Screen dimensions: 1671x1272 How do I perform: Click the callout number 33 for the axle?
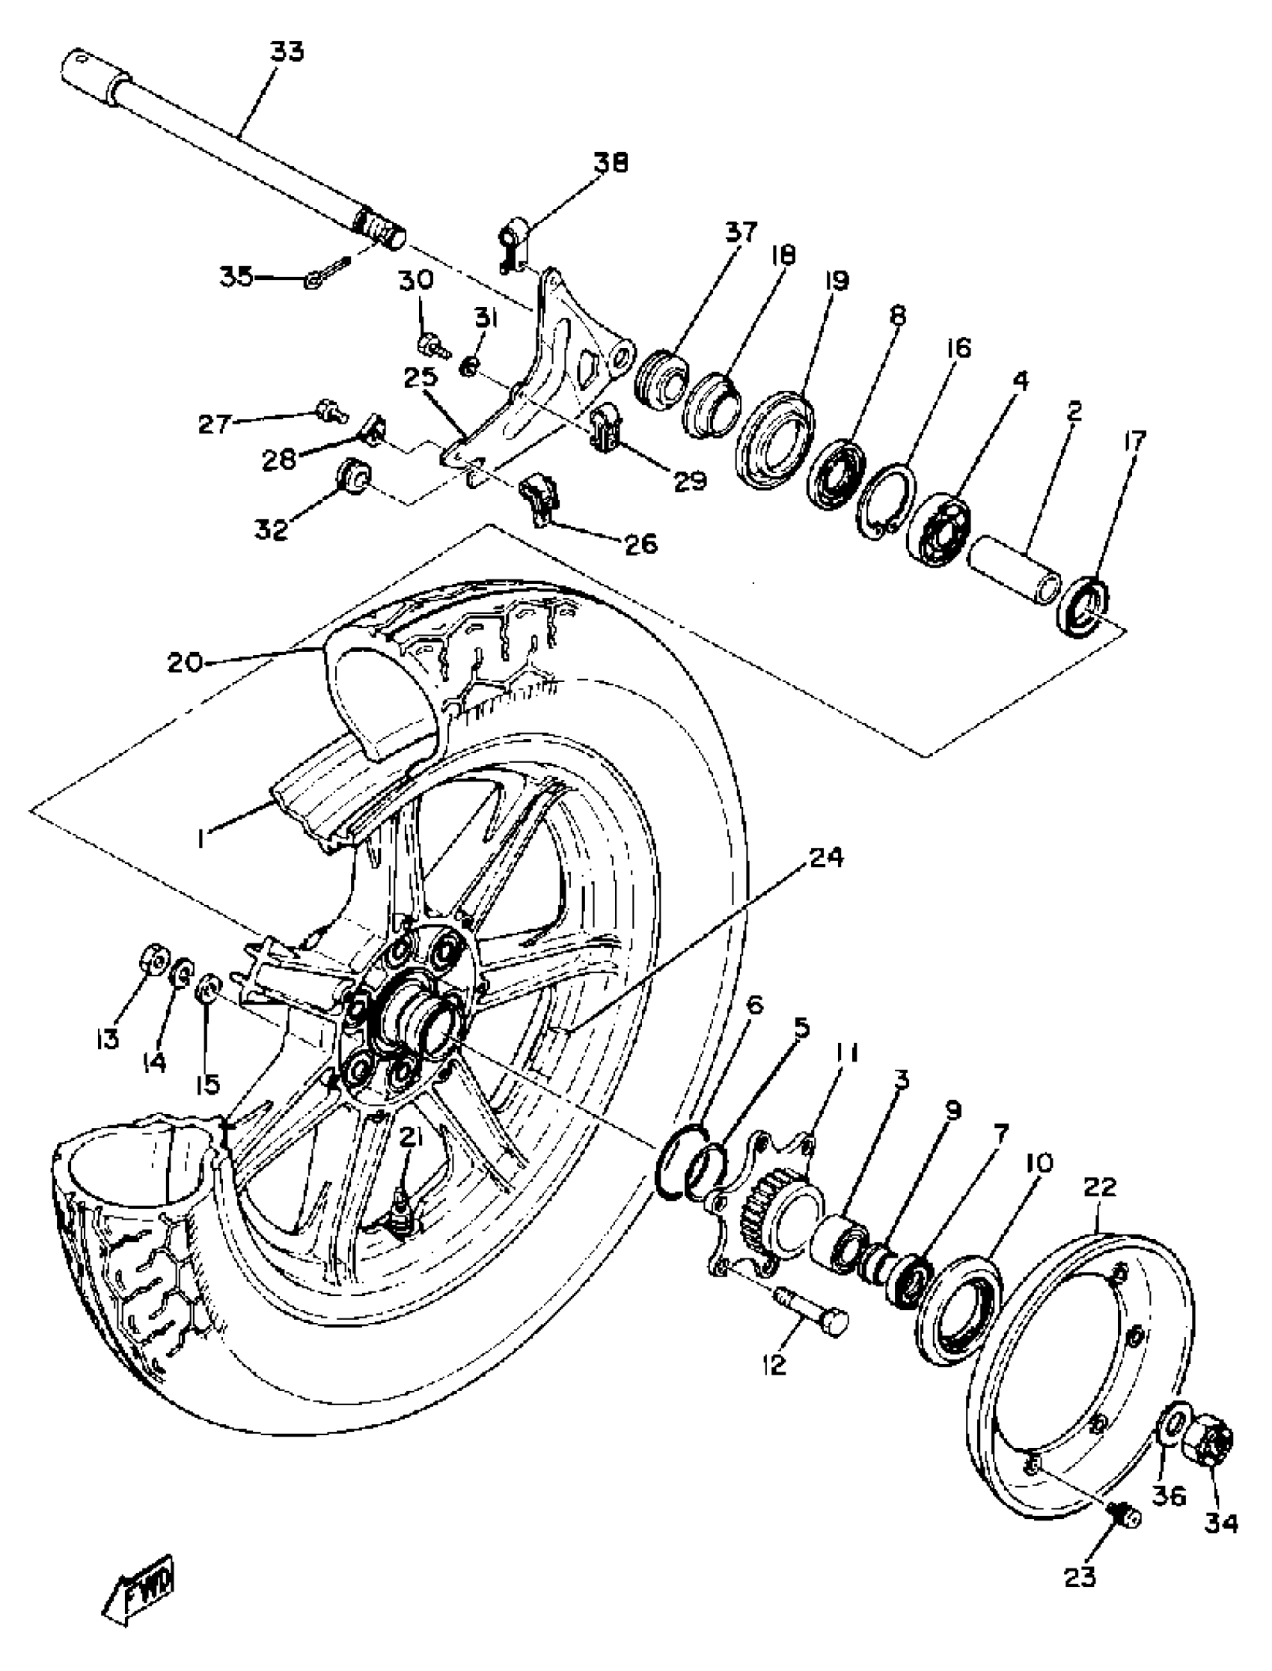tap(287, 53)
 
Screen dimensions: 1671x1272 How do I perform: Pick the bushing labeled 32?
tap(354, 475)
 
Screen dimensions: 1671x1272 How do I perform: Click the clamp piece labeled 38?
tap(515, 244)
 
